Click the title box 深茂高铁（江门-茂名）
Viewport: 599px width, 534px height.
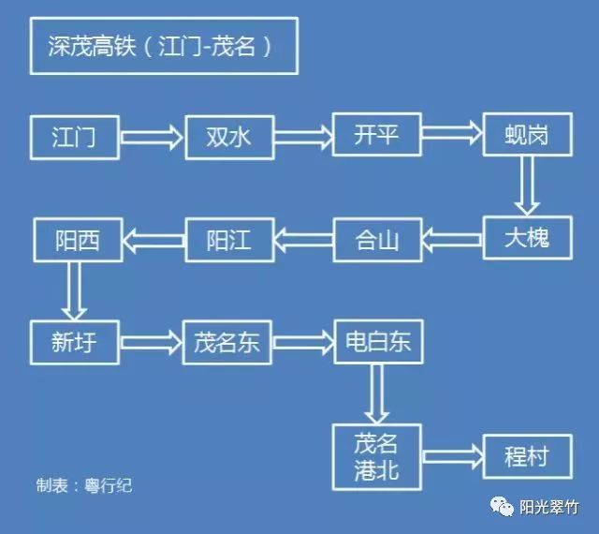coord(164,46)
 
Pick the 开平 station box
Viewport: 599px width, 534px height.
coord(376,135)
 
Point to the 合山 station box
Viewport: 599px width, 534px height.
coord(378,239)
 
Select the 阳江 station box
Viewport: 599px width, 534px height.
coord(228,239)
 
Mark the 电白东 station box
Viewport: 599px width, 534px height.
coord(378,342)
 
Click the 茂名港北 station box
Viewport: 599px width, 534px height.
coord(377,456)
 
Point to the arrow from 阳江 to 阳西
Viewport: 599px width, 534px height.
coord(153,240)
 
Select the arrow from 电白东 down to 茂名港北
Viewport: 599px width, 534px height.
coord(378,393)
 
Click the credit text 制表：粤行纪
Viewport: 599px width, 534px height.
coord(93,486)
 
